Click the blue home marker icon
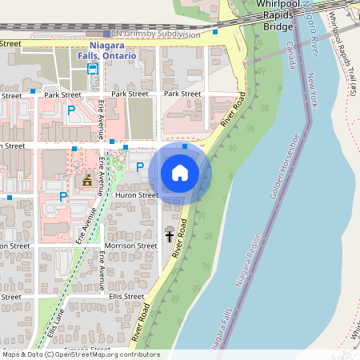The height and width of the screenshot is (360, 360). (180, 172)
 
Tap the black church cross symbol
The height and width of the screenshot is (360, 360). (170, 235)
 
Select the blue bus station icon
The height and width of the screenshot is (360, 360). (93, 70)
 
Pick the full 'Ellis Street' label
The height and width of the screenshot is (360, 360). (127, 297)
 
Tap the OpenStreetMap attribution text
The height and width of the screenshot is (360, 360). (80, 354)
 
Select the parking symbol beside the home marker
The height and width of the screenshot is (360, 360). (140, 167)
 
